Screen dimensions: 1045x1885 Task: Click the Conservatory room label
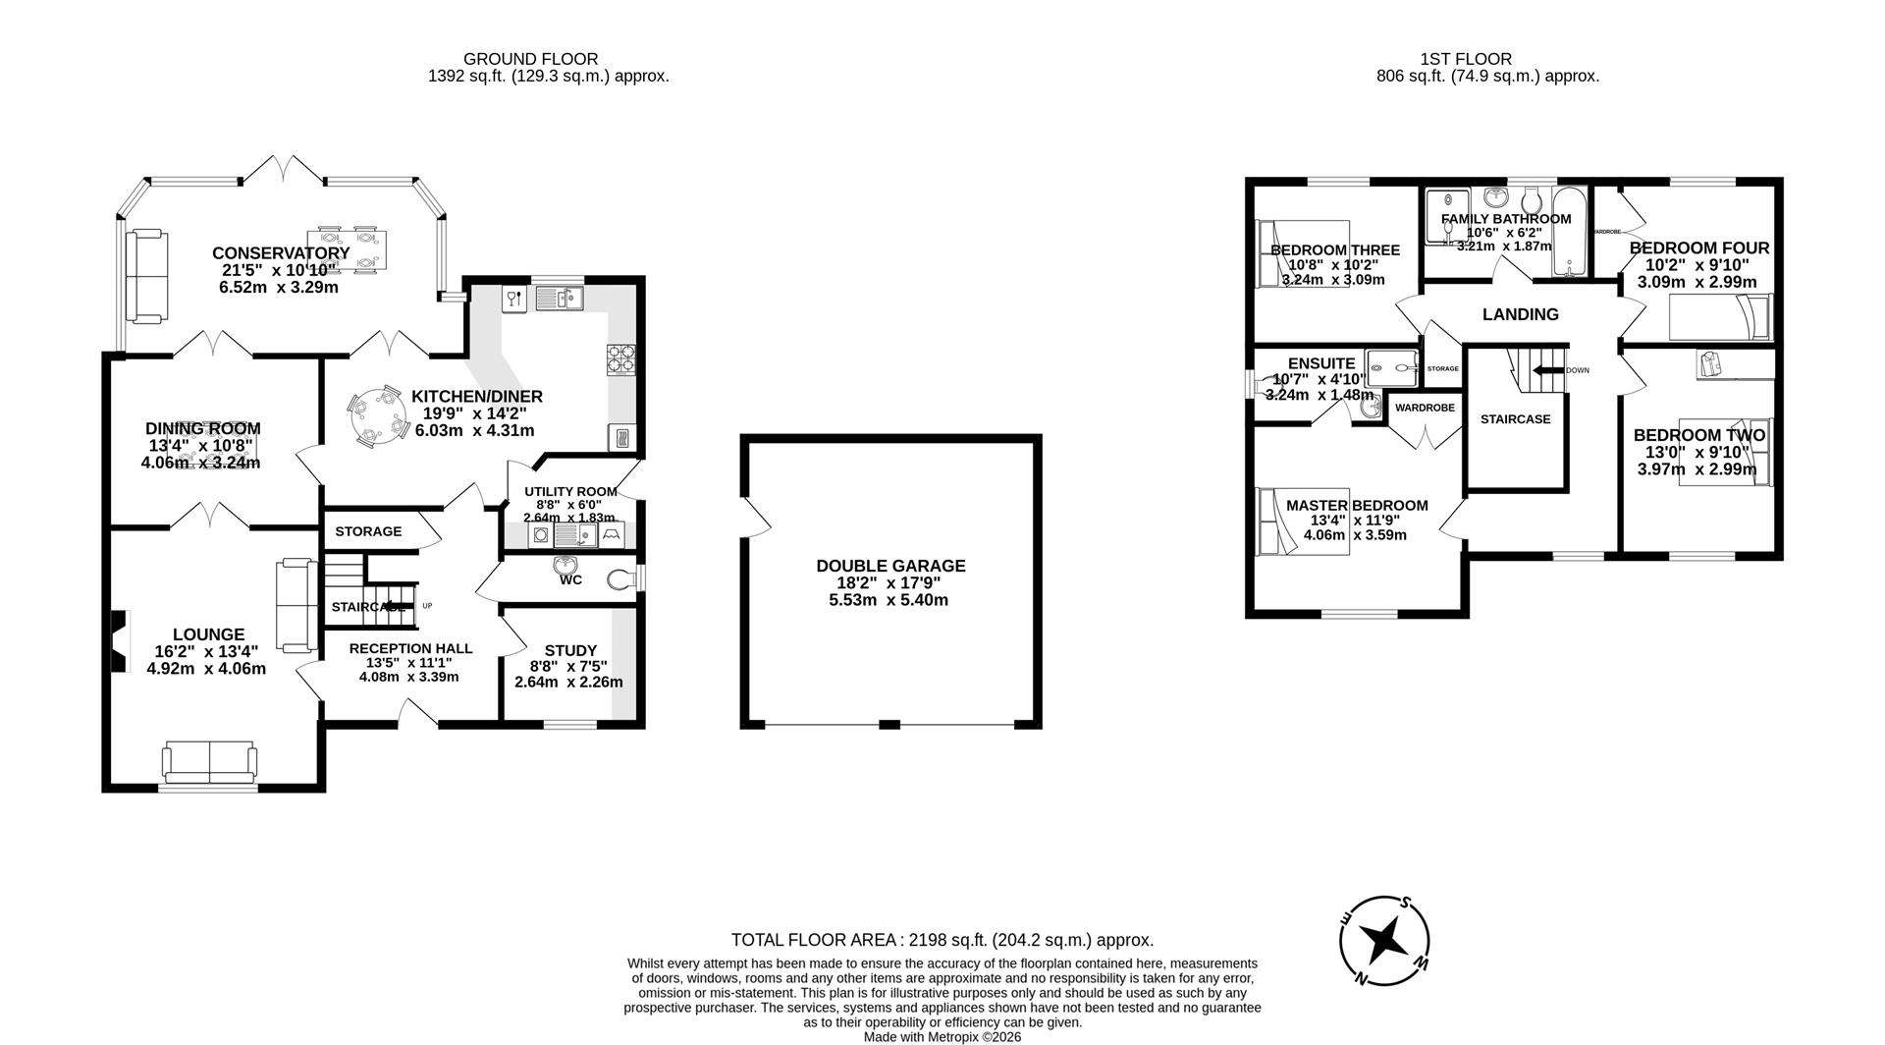(x=281, y=253)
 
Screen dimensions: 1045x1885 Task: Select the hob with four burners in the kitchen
(x=621, y=358)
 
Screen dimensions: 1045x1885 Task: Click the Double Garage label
(x=890, y=566)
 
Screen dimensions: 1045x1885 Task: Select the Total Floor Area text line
(x=942, y=940)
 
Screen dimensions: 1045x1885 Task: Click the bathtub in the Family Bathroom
(x=1568, y=233)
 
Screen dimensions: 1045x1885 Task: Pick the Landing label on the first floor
(x=1520, y=314)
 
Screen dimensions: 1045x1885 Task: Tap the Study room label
(x=570, y=650)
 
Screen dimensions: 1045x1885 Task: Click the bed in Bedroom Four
(x=1720, y=316)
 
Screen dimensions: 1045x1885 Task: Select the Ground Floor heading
(x=530, y=59)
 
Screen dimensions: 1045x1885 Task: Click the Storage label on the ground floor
(x=368, y=531)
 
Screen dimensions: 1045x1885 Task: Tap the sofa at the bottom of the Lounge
(x=209, y=762)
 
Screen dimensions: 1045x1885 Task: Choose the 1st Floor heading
(x=1465, y=59)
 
